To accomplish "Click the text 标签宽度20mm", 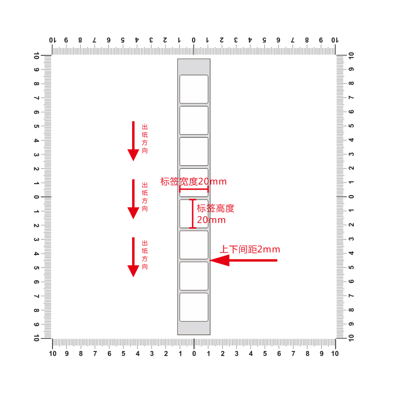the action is point(194,182).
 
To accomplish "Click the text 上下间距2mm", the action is point(250,249).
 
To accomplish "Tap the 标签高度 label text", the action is point(215,208).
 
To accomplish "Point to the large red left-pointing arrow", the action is point(243,260).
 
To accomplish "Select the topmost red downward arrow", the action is point(133,141).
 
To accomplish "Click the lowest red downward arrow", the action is point(133,257).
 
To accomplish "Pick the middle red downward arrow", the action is point(133,199).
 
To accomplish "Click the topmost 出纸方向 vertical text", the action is point(145,139).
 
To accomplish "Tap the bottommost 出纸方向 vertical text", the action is point(145,255).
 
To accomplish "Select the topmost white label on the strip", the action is point(194,89).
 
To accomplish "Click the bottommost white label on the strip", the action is point(194,307).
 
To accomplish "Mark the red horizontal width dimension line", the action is point(194,189).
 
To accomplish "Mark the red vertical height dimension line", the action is point(193,214).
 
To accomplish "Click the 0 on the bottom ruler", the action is point(194,353).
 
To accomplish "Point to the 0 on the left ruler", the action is point(37,197).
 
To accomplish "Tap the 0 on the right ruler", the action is point(351,197).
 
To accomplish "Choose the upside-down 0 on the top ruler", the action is point(194,40).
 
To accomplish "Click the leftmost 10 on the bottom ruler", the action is point(52,353).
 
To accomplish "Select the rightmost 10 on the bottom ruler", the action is point(335,353).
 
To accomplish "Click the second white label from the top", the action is point(194,120).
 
